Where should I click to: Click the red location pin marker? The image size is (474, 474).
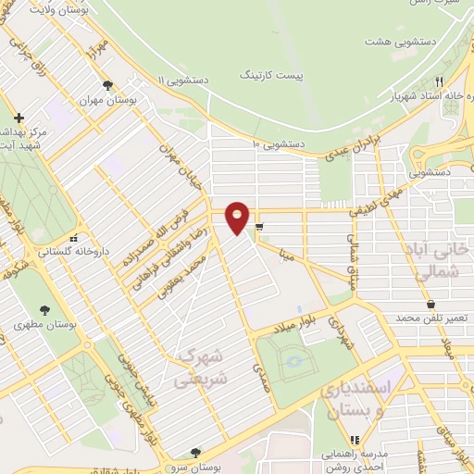(x=238, y=218)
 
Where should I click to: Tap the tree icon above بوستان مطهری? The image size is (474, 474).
(x=44, y=310)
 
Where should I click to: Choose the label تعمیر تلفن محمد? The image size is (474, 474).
(x=432, y=318)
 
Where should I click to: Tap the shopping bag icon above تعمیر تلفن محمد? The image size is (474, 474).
(x=431, y=303)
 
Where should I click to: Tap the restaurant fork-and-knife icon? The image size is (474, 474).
(x=439, y=81)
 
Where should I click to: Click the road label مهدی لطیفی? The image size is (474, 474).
(x=380, y=197)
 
